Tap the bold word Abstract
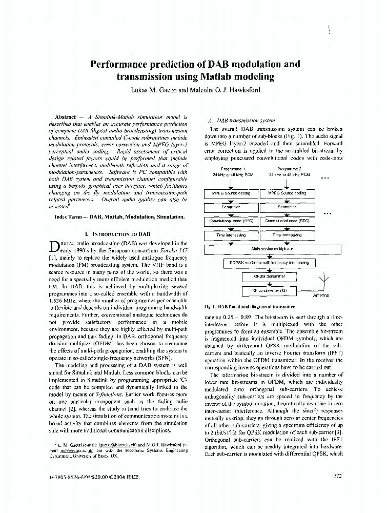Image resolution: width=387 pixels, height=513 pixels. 66,117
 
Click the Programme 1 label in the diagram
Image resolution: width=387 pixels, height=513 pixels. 233,169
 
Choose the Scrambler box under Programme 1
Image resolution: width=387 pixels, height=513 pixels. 230,207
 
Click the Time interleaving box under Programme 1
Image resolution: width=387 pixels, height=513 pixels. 230,235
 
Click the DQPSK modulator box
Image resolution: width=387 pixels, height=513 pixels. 269,263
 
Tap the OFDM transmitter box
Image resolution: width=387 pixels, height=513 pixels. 269,277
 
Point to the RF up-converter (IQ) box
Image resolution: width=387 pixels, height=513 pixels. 269,290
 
